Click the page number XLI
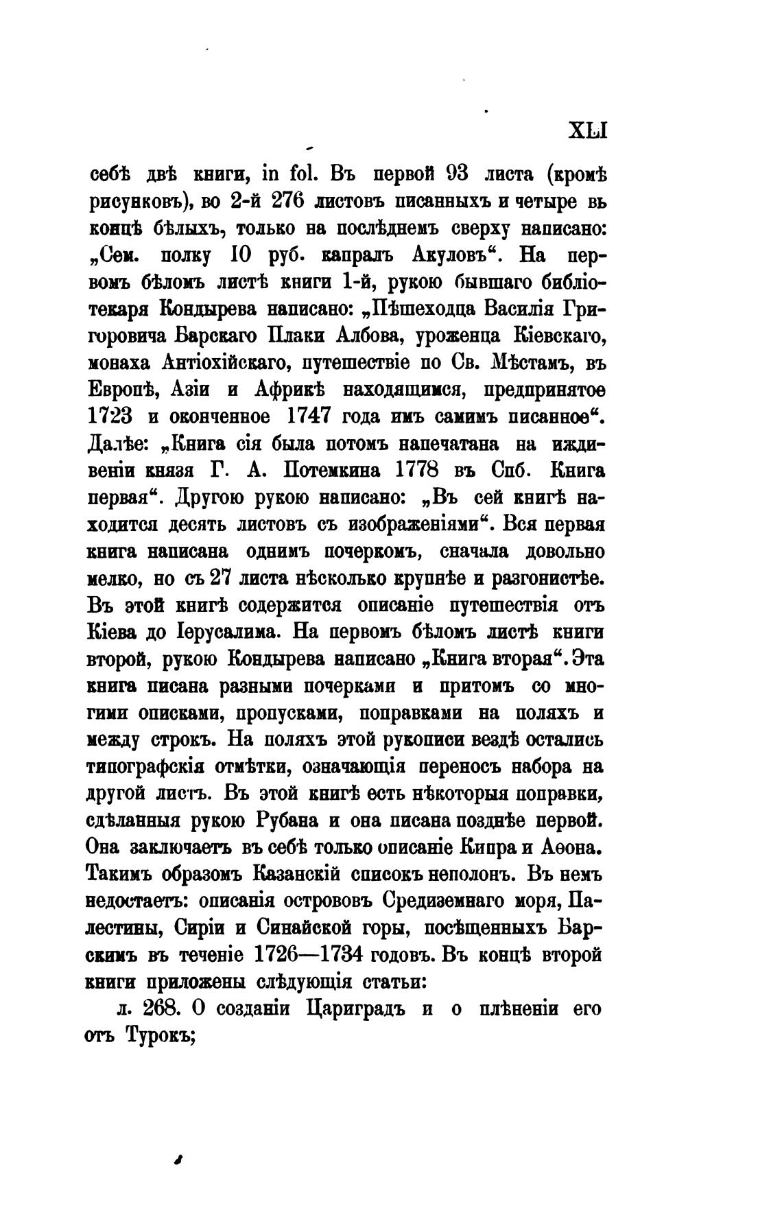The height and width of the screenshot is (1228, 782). tap(589, 130)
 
